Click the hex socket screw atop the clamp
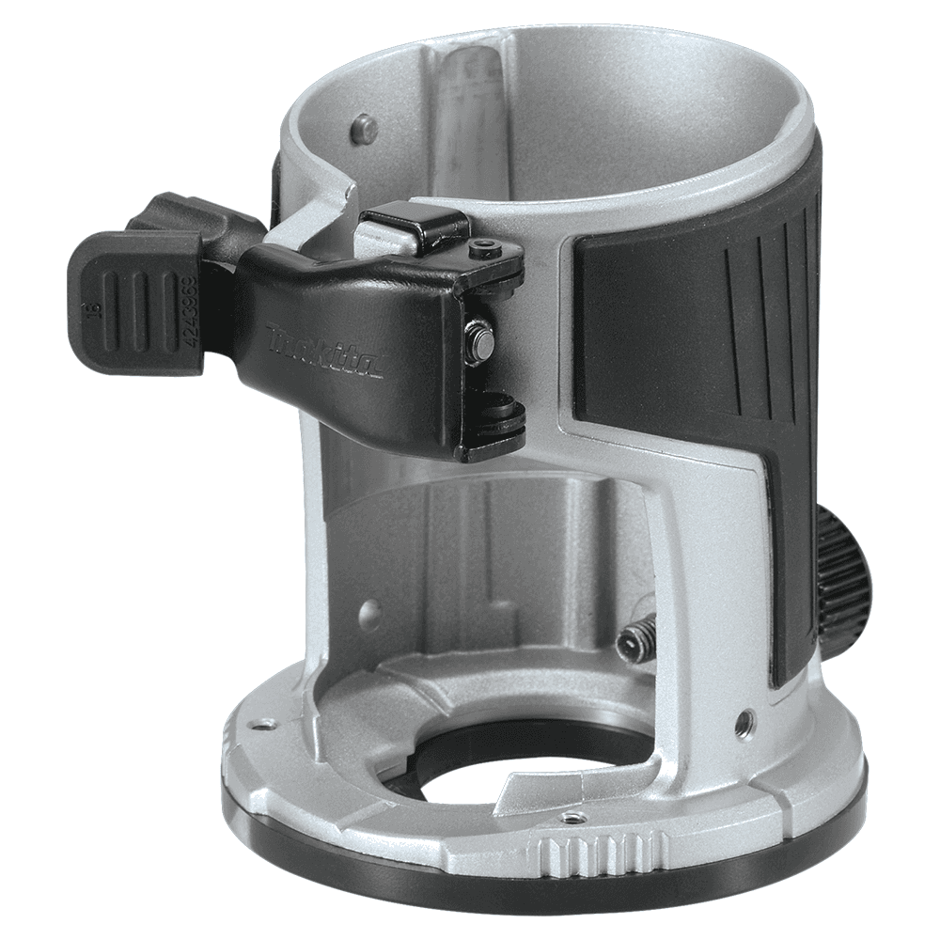tap(485, 248)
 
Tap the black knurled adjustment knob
tap(840, 572)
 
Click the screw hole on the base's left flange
tap(266, 724)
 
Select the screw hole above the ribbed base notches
tap(570, 818)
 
